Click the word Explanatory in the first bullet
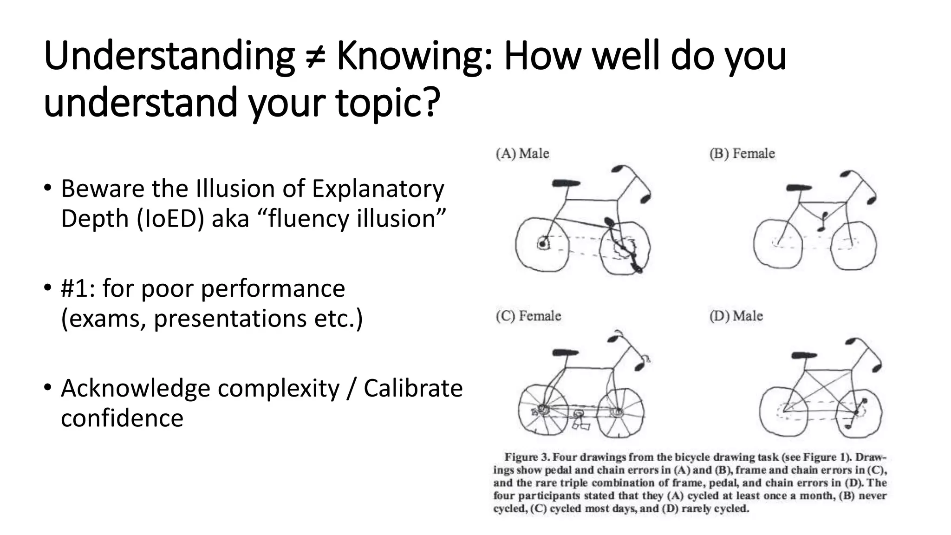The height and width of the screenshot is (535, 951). [x=378, y=189]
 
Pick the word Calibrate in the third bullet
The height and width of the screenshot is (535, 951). [x=413, y=388]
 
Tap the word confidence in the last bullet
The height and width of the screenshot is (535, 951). [x=122, y=418]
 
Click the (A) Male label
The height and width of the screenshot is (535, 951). [x=522, y=153]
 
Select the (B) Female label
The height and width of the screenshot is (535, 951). [x=742, y=153]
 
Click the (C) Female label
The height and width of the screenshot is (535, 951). [x=528, y=316]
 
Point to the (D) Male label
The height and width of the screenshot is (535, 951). [x=736, y=316]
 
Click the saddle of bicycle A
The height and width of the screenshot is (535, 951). [x=566, y=183]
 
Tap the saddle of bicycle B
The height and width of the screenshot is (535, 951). [x=799, y=188]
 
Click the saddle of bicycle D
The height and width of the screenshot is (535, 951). [x=804, y=355]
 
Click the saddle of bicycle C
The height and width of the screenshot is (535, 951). [x=566, y=352]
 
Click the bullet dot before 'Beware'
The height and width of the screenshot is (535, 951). [x=47, y=188]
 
